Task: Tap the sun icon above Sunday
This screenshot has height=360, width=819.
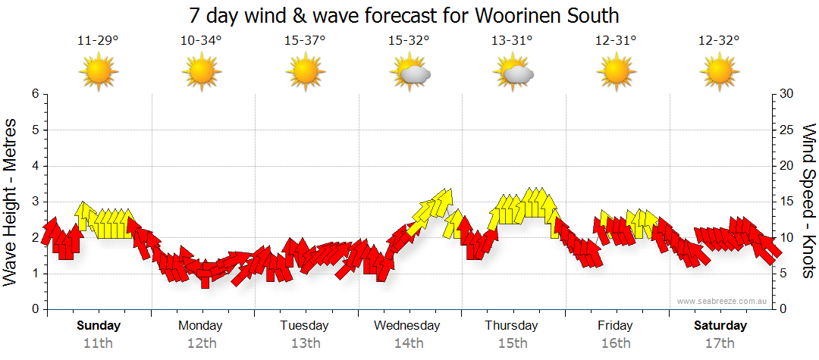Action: (99, 72)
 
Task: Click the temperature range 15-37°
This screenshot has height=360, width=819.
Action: (305, 41)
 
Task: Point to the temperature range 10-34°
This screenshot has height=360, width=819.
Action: (201, 41)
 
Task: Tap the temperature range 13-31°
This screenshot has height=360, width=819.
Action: (513, 41)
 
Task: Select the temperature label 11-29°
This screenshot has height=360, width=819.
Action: (98, 41)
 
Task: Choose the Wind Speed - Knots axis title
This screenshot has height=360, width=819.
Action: (808, 201)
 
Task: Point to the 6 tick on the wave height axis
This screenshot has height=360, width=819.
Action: (34, 94)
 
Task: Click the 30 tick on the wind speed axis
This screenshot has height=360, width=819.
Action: (788, 94)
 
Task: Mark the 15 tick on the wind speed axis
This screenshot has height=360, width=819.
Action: (788, 202)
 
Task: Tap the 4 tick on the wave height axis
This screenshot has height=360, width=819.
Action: (34, 166)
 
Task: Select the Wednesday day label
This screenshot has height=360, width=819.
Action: (407, 326)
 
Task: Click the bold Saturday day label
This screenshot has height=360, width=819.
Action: (720, 326)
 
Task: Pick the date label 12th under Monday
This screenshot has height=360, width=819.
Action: (201, 343)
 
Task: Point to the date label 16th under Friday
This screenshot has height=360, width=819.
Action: (616, 343)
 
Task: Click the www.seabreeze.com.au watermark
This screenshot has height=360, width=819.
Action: (723, 301)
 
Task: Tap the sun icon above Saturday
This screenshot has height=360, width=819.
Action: (720, 72)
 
